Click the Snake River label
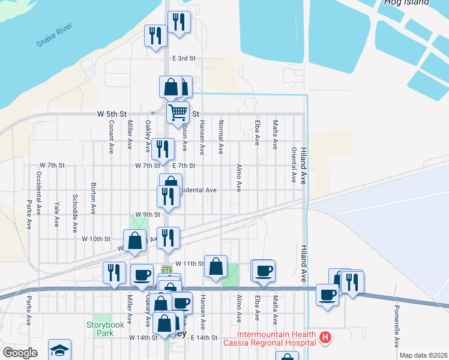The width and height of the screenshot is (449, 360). click(54, 35)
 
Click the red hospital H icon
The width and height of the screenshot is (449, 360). click(325, 338)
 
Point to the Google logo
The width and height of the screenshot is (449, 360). click(19, 353)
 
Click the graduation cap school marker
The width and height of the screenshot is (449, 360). click(59, 350)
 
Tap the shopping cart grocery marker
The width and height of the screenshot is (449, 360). click(178, 112)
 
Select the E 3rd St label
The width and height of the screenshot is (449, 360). click(184, 59)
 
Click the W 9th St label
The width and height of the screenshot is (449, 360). click(148, 214)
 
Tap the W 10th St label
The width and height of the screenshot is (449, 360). click(96, 239)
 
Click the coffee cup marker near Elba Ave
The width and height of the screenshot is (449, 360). click(263, 271)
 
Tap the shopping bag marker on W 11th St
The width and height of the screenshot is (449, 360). click(215, 266)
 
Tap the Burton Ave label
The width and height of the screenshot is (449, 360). click(93, 199)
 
